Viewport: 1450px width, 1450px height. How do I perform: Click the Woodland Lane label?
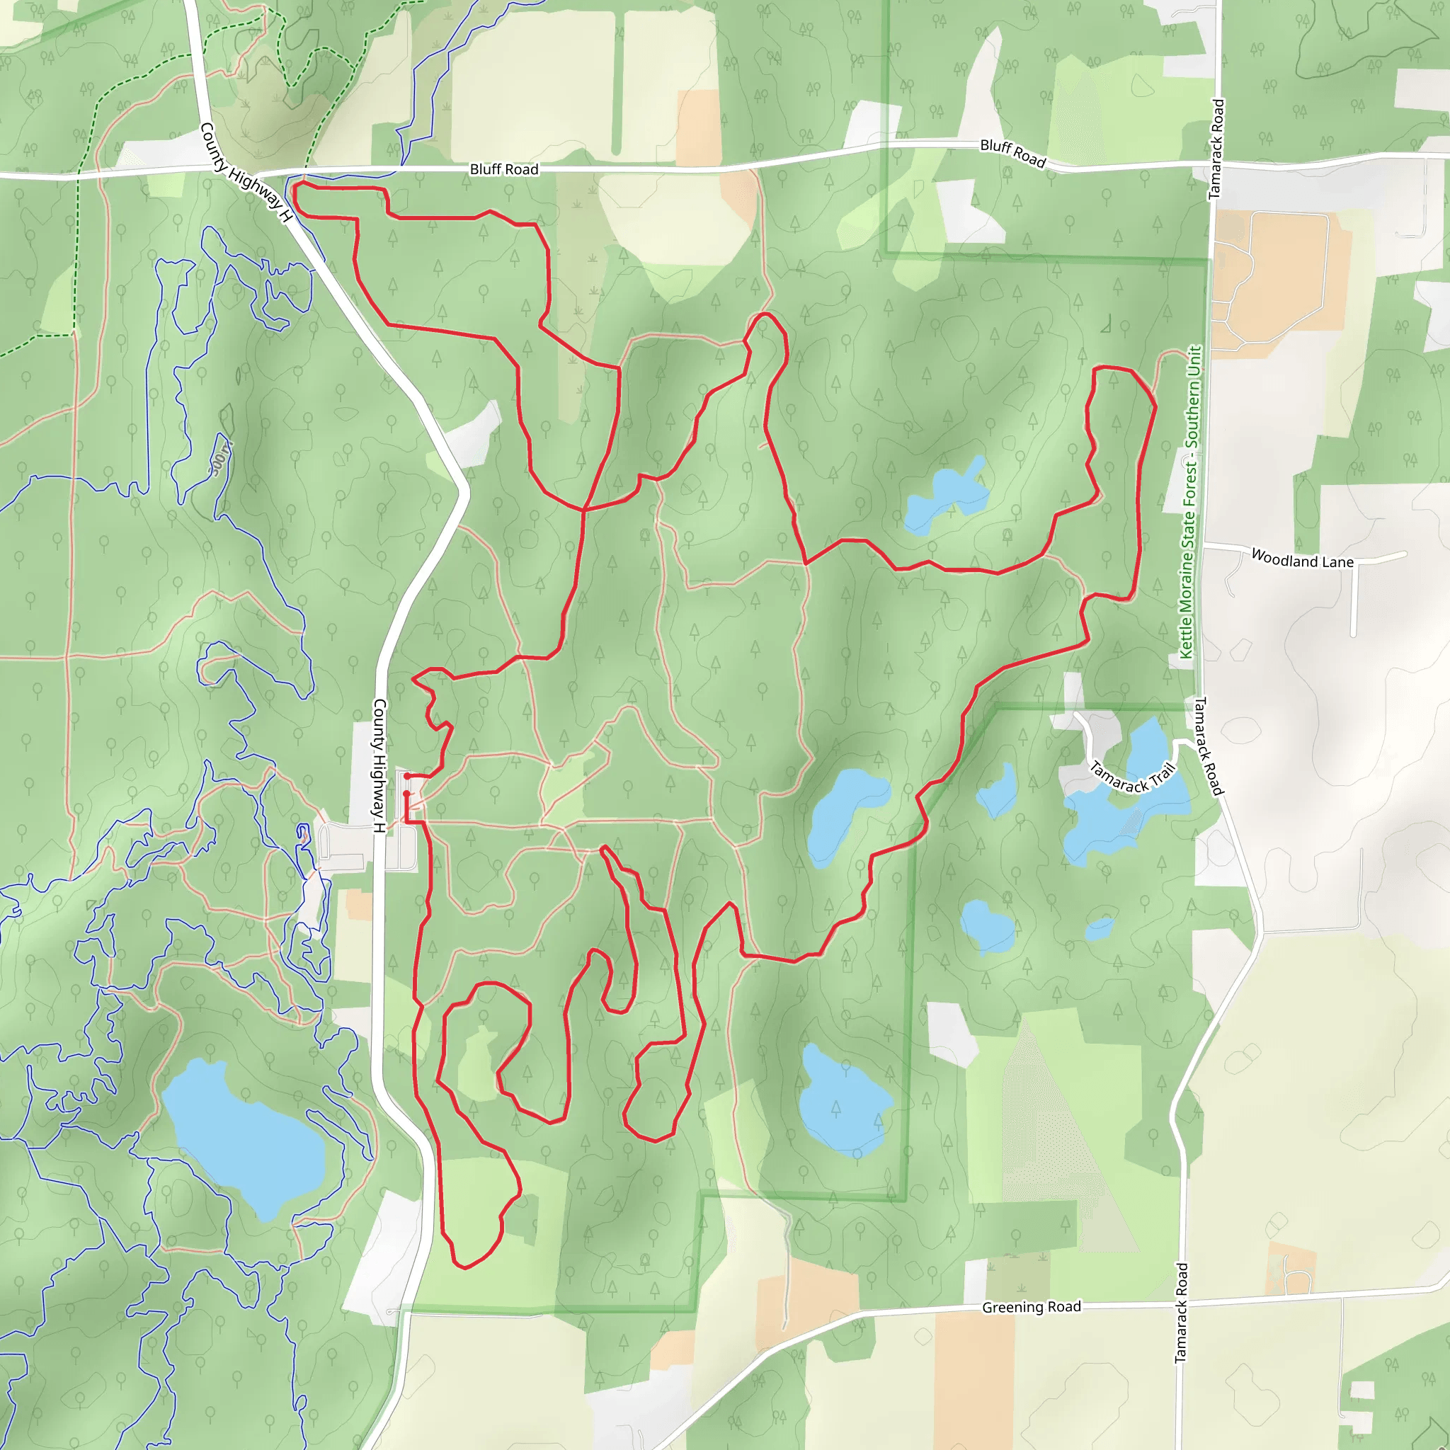1302,560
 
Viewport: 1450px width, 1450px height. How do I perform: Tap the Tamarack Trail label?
1133,777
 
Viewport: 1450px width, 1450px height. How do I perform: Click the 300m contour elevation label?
221,459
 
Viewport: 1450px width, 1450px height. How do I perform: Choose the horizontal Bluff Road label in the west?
503,170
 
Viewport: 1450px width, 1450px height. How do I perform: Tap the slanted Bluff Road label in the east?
1012,153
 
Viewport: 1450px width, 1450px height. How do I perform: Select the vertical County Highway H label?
379,765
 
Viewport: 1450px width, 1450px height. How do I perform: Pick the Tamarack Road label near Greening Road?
1182,1313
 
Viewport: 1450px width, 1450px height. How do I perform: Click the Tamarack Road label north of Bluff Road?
1216,149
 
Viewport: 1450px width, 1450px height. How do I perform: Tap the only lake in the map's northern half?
946,496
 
